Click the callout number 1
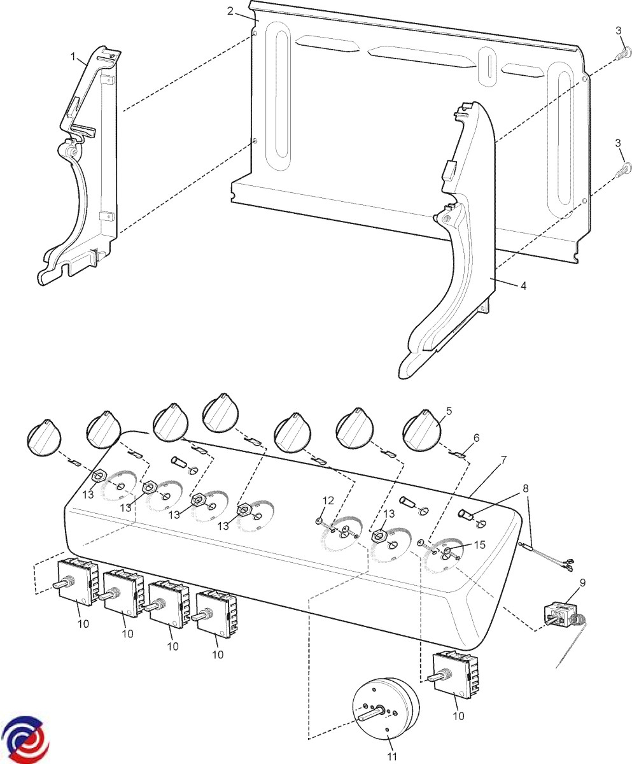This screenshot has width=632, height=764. pyautogui.click(x=74, y=57)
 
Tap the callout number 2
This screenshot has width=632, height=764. pyautogui.click(x=230, y=11)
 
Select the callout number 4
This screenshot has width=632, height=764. pyautogui.click(x=523, y=286)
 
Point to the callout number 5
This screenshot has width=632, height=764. pyautogui.click(x=449, y=411)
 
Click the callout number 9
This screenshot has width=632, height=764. pyautogui.click(x=582, y=582)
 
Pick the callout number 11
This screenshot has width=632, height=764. pyautogui.click(x=391, y=756)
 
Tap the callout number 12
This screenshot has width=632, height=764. pyautogui.click(x=327, y=501)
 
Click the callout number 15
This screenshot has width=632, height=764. pyautogui.click(x=479, y=545)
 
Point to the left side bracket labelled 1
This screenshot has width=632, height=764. pyautogui.click(x=86, y=166)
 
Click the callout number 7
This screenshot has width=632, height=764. pyautogui.click(x=503, y=460)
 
